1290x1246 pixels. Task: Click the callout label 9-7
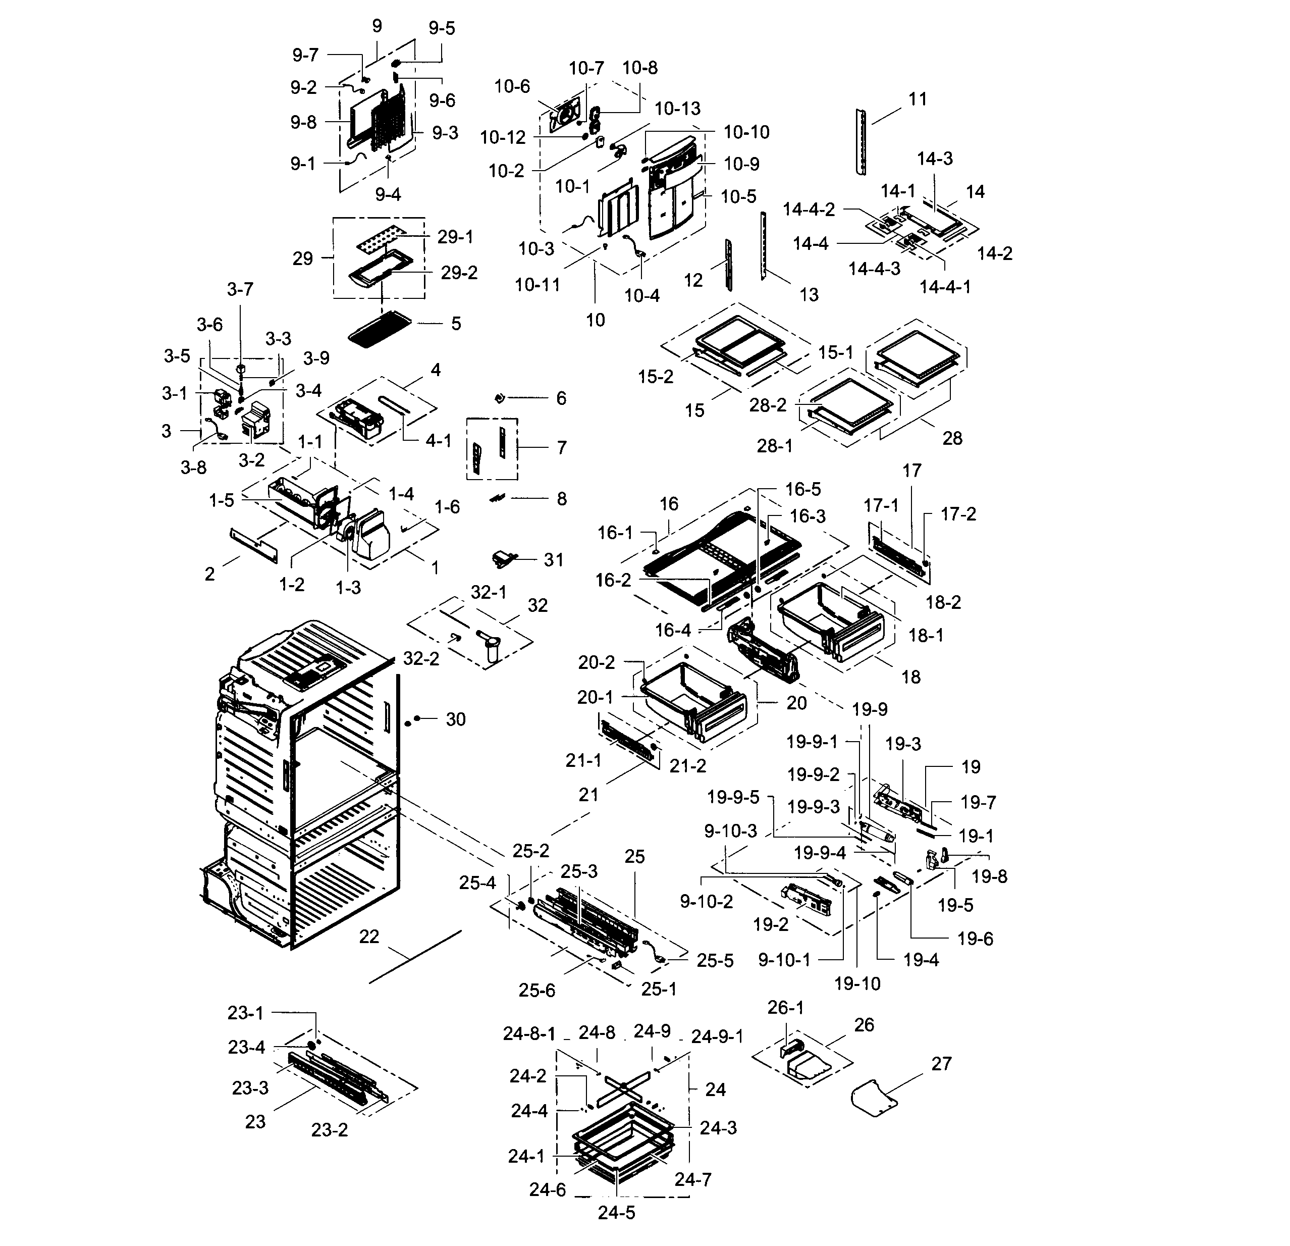click(305, 56)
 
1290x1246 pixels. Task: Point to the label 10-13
click(677, 109)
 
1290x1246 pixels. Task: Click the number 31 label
click(554, 559)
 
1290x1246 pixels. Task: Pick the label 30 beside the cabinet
click(455, 719)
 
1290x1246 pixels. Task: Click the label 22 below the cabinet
click(369, 937)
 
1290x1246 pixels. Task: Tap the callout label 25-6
click(536, 991)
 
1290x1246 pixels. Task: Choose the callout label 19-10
click(857, 983)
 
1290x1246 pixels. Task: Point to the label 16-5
click(803, 489)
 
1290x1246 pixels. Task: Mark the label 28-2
click(768, 405)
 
